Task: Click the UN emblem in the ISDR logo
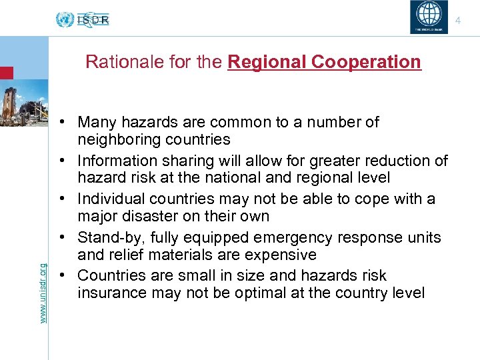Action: coord(65,20)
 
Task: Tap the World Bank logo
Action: coord(429,17)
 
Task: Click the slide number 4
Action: coord(458,21)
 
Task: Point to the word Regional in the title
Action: coord(259,62)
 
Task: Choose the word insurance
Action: coord(109,293)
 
